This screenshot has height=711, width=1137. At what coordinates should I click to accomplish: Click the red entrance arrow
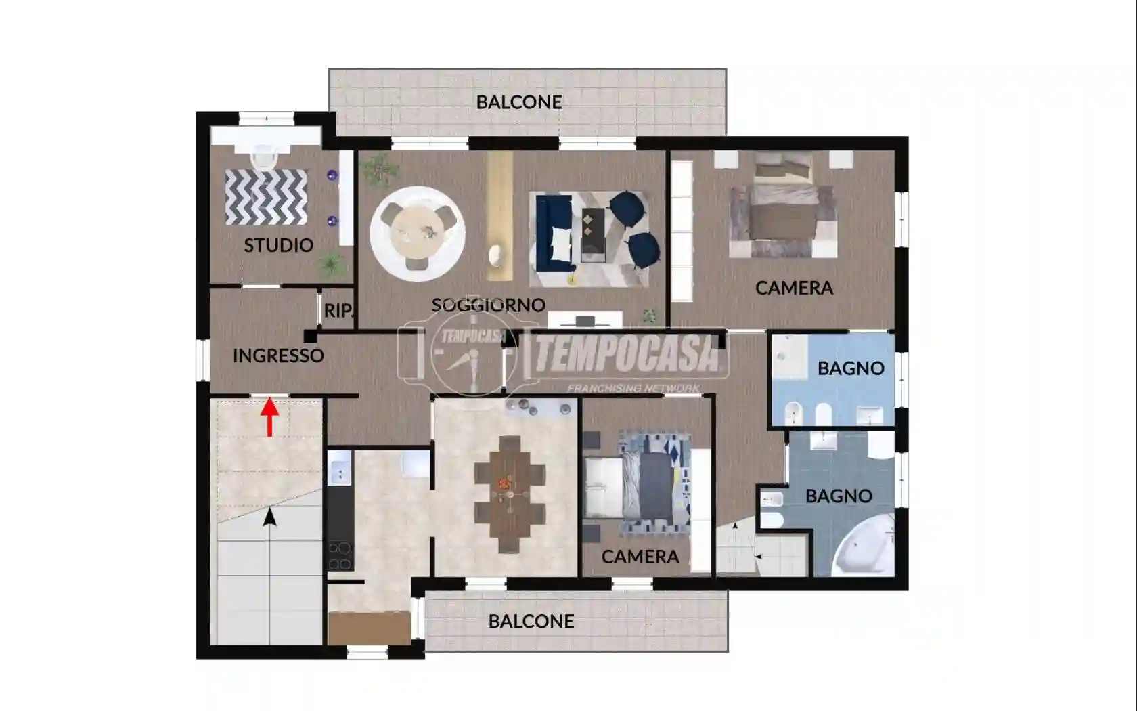(269, 417)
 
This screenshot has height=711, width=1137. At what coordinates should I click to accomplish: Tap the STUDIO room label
(279, 245)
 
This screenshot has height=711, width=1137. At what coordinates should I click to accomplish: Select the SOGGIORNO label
(489, 305)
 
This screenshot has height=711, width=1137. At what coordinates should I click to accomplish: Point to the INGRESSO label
(278, 355)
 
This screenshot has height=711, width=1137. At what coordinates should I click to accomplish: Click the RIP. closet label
(338, 310)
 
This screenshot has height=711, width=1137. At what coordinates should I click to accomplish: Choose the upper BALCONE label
(518, 102)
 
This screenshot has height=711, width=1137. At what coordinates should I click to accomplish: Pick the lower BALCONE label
(531, 620)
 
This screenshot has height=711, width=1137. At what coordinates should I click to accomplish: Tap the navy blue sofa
(554, 233)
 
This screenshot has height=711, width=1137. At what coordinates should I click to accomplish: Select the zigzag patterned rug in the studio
(266, 197)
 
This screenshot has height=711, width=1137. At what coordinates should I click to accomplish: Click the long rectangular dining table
(509, 494)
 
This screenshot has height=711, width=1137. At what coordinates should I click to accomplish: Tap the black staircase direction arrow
(269, 517)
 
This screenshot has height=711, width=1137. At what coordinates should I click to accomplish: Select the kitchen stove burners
(340, 556)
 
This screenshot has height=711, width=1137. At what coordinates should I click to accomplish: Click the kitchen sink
(340, 468)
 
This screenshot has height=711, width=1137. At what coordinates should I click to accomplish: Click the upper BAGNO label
(851, 368)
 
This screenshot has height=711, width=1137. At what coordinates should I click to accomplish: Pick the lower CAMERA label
(640, 557)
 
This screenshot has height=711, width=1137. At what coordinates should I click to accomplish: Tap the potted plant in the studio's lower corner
(331, 264)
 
